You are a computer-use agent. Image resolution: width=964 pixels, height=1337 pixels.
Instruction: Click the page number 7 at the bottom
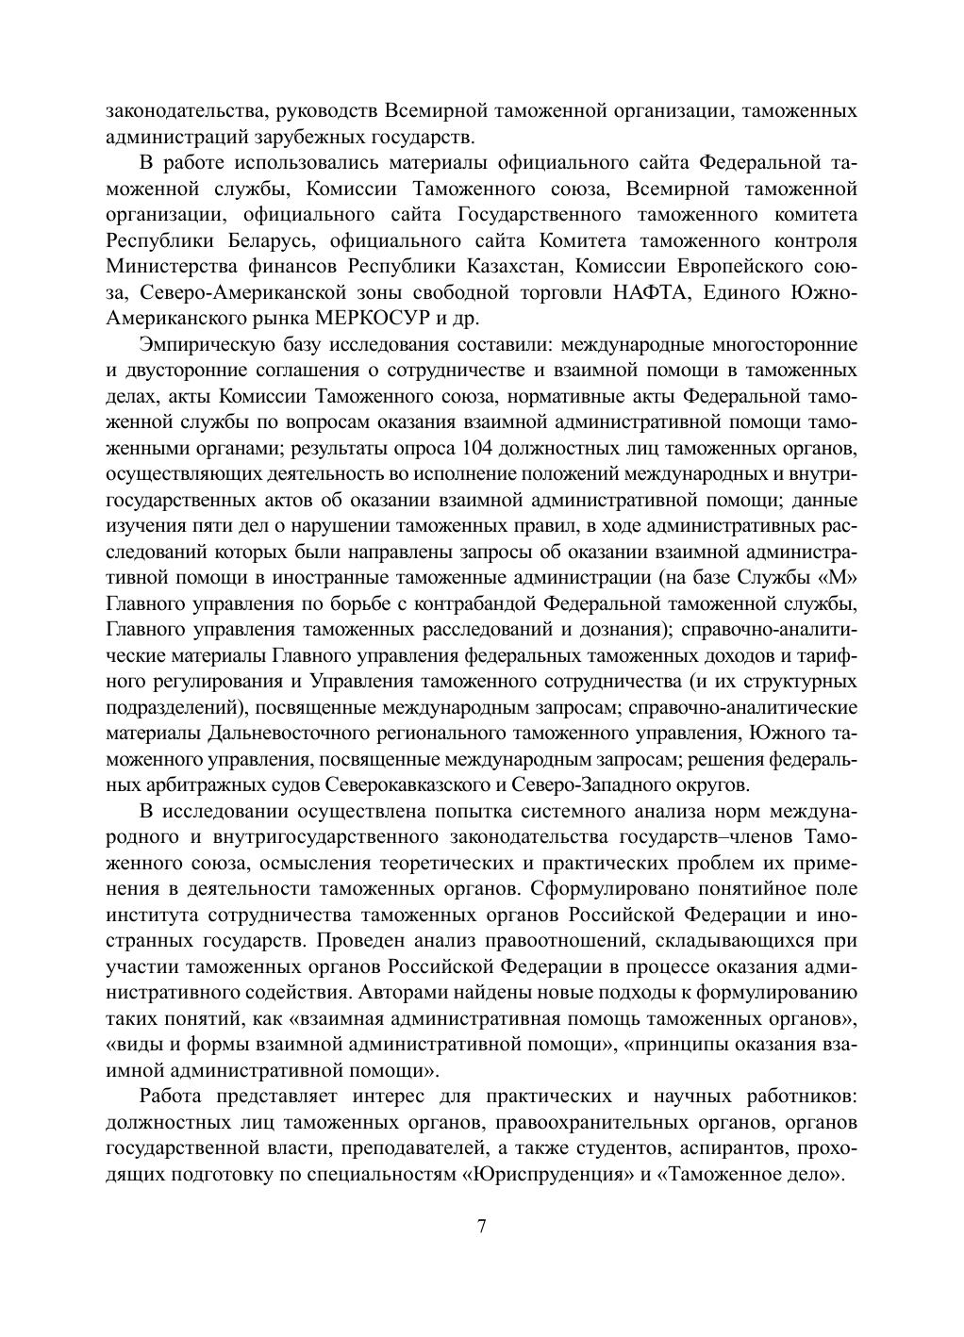click(481, 1227)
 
